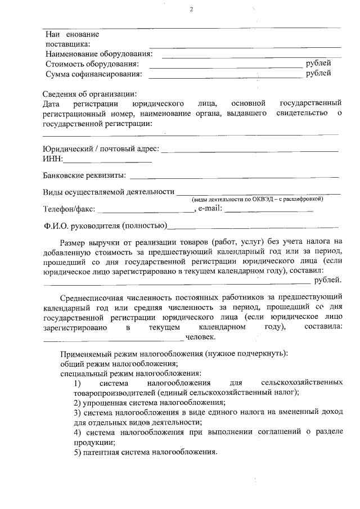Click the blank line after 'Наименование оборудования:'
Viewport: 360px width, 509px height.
[250, 56]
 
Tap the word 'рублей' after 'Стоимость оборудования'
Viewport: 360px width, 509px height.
[318, 64]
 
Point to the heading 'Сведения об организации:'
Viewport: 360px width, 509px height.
[90, 94]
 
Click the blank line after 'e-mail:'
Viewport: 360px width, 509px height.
[269, 211]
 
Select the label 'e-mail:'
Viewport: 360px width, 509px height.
[210, 209]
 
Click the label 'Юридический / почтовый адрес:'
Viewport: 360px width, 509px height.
[101, 149]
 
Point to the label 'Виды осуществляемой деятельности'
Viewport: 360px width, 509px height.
[109, 191]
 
